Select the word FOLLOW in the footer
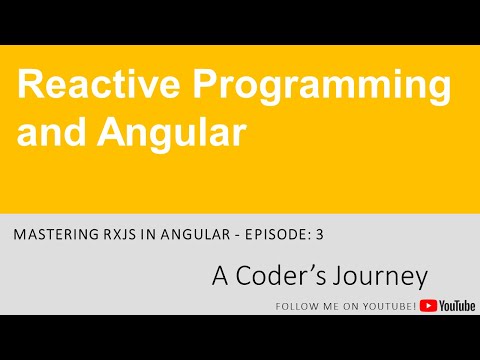(294, 306)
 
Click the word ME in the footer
(330, 306)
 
